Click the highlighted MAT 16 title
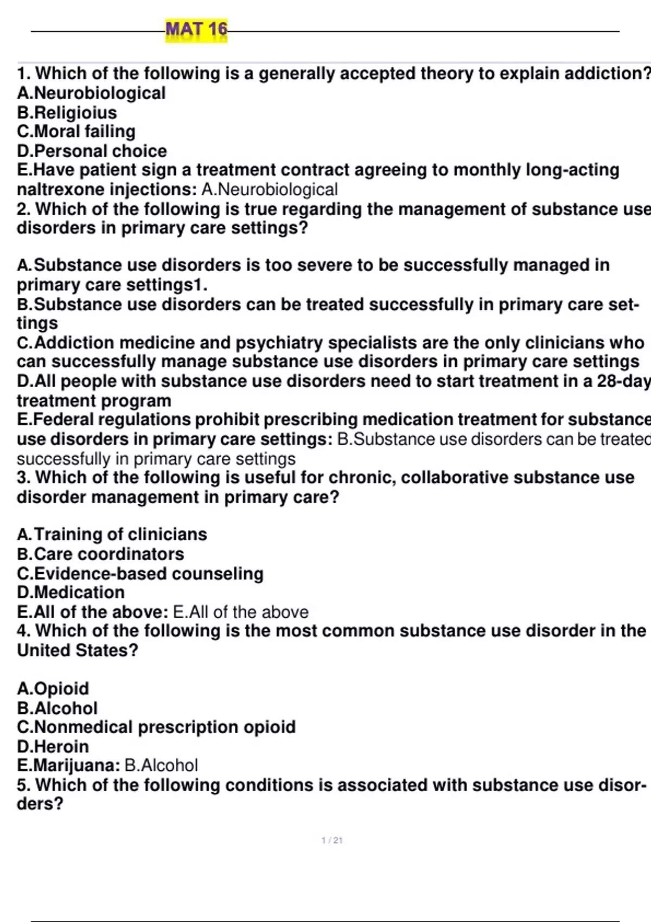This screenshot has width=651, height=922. pyautogui.click(x=196, y=29)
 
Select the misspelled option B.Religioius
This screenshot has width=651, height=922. pyautogui.click(x=67, y=112)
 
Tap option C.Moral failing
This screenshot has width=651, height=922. pyautogui.click(x=76, y=131)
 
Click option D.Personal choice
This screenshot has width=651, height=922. pyautogui.click(x=92, y=151)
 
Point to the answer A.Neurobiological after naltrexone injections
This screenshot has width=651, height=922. pyautogui.click(x=270, y=189)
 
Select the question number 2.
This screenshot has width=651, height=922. pyautogui.click(x=23, y=209)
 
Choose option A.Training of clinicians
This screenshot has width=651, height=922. pyautogui.click(x=112, y=534)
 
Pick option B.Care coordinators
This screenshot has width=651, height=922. pyautogui.click(x=101, y=554)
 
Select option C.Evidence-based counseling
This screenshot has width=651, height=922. pyautogui.click(x=141, y=573)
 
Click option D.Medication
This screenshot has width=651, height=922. pyautogui.click(x=71, y=592)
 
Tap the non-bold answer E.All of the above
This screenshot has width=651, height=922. pyautogui.click(x=241, y=612)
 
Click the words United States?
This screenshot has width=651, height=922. pyautogui.click(x=78, y=650)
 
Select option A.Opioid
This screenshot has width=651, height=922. pyautogui.click(x=53, y=688)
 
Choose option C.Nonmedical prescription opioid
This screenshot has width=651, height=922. pyautogui.click(x=157, y=727)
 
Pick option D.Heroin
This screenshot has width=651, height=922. pyautogui.click(x=53, y=746)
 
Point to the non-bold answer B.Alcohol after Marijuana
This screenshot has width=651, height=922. pyautogui.click(x=161, y=765)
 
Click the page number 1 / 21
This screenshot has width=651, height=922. pyautogui.click(x=332, y=841)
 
